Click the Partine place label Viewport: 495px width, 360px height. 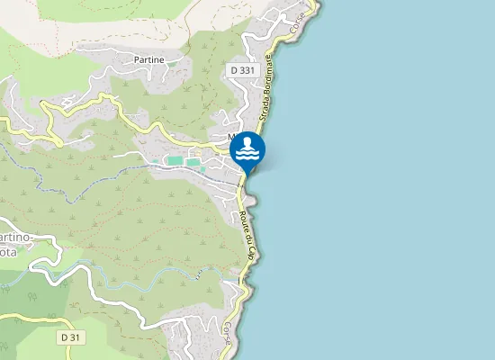coord(148,59)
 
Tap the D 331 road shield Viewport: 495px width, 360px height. coord(240,69)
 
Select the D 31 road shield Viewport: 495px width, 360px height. coord(71,337)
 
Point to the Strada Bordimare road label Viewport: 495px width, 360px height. coord(269,90)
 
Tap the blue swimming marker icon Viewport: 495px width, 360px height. coord(247,150)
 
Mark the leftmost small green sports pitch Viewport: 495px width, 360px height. coord(155,161)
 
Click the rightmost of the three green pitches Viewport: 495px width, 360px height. coord(193,162)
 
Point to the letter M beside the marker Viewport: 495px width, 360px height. coord(231,138)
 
